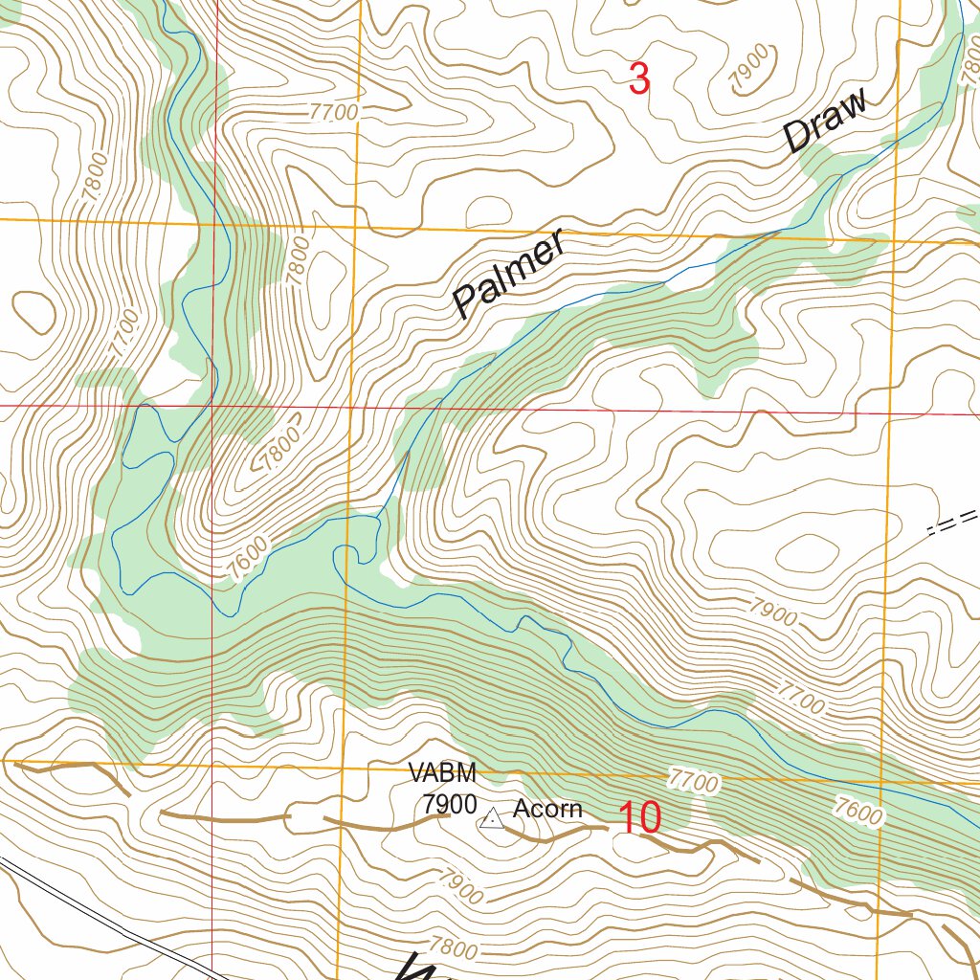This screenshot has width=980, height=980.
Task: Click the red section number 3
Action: click(x=639, y=78)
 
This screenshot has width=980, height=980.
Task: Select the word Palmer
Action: click(x=508, y=276)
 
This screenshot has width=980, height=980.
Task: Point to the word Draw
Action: click(x=826, y=120)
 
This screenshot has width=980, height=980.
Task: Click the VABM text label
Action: click(x=441, y=772)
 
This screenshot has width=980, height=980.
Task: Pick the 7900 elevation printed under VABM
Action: click(x=449, y=804)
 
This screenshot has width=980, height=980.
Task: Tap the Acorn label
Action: click(x=547, y=809)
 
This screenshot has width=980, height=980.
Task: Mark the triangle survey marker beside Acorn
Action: click(x=492, y=818)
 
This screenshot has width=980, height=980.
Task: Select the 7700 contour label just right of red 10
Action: click(x=693, y=781)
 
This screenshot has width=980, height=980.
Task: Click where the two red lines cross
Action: click(x=212, y=406)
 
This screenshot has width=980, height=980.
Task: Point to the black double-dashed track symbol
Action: click(x=953, y=523)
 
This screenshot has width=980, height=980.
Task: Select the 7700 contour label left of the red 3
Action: click(x=334, y=112)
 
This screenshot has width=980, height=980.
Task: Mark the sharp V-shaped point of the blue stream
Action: click(x=408, y=453)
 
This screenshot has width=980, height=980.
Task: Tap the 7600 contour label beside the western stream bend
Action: click(x=250, y=560)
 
